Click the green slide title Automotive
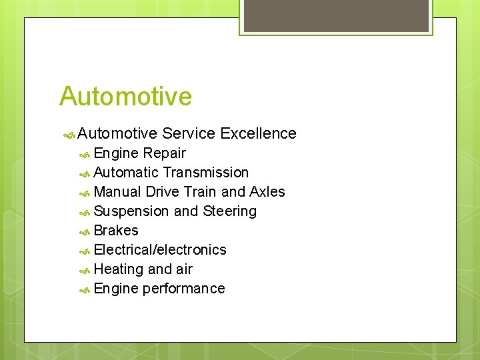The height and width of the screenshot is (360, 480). coord(125,97)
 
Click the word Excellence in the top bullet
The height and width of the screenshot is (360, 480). coord(257,133)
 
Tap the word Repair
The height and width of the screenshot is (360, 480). coord(165,153)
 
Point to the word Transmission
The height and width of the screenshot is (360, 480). coord(206,173)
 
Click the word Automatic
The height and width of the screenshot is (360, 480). coord(126,173)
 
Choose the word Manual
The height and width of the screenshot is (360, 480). coord(117,192)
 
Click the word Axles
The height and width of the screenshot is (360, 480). coord(267,192)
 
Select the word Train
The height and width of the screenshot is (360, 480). coord(199,192)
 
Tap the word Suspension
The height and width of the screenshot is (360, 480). coord(131,211)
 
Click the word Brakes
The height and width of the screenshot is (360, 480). coord(116,231)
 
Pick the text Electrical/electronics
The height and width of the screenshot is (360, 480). coord(160,250)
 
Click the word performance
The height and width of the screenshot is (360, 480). coord(184,289)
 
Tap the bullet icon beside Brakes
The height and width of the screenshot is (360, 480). coord(85,231)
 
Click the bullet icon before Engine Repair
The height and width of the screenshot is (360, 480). coord(85,154)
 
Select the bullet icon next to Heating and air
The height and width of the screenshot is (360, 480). coord(85,270)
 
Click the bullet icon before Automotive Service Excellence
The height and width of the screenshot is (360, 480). coord(68,134)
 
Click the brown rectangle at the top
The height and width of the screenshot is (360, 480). coord(336,15)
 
